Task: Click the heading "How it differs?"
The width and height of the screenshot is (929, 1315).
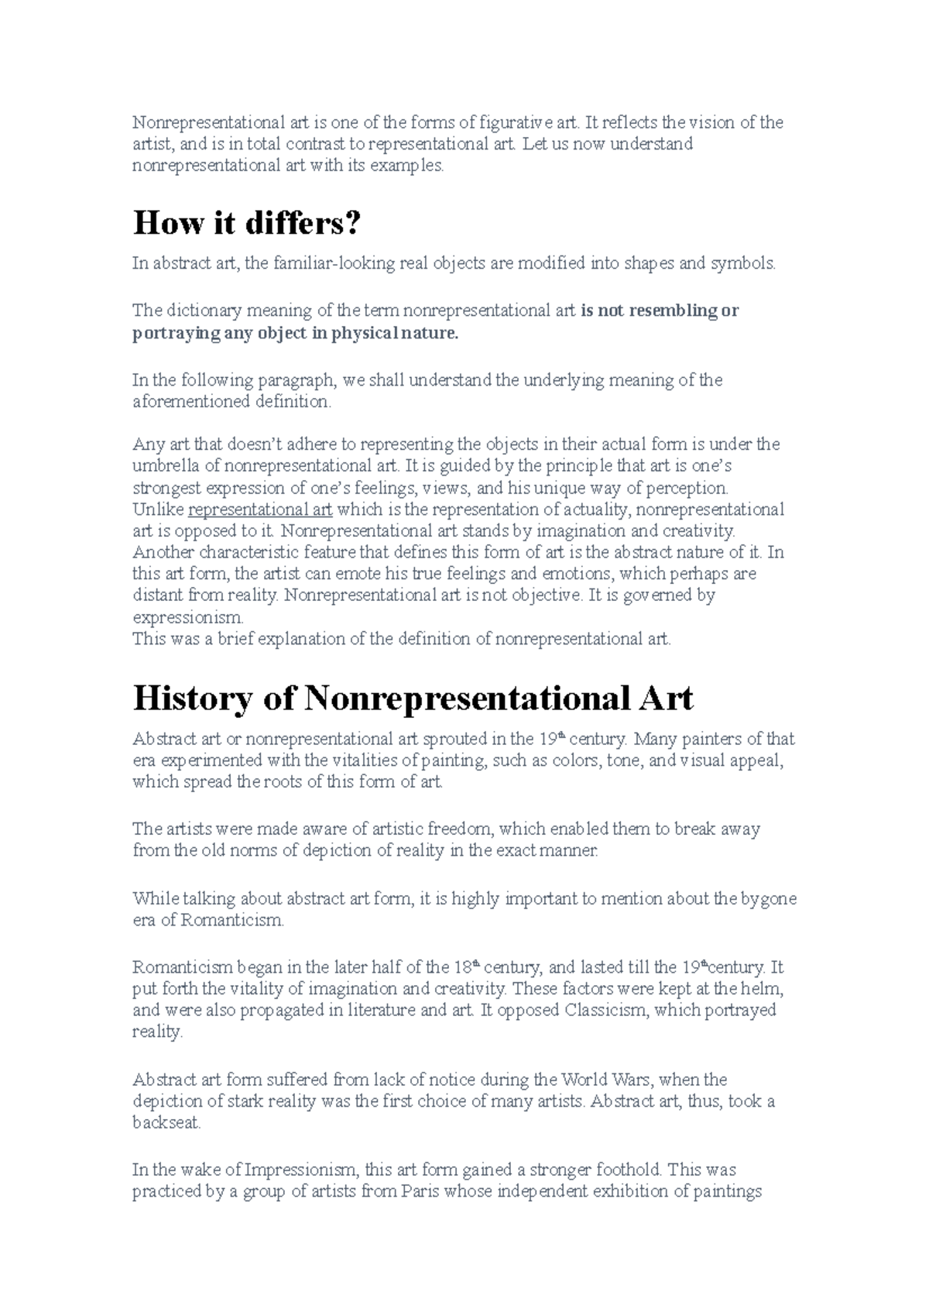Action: click(247, 224)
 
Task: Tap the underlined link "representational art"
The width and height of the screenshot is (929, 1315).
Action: click(260, 510)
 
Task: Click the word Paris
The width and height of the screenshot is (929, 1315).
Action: click(421, 1191)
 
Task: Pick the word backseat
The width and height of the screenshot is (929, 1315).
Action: click(166, 1123)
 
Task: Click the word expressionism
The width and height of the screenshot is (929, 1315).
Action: click(187, 618)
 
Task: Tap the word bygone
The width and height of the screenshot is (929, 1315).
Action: click(769, 899)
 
